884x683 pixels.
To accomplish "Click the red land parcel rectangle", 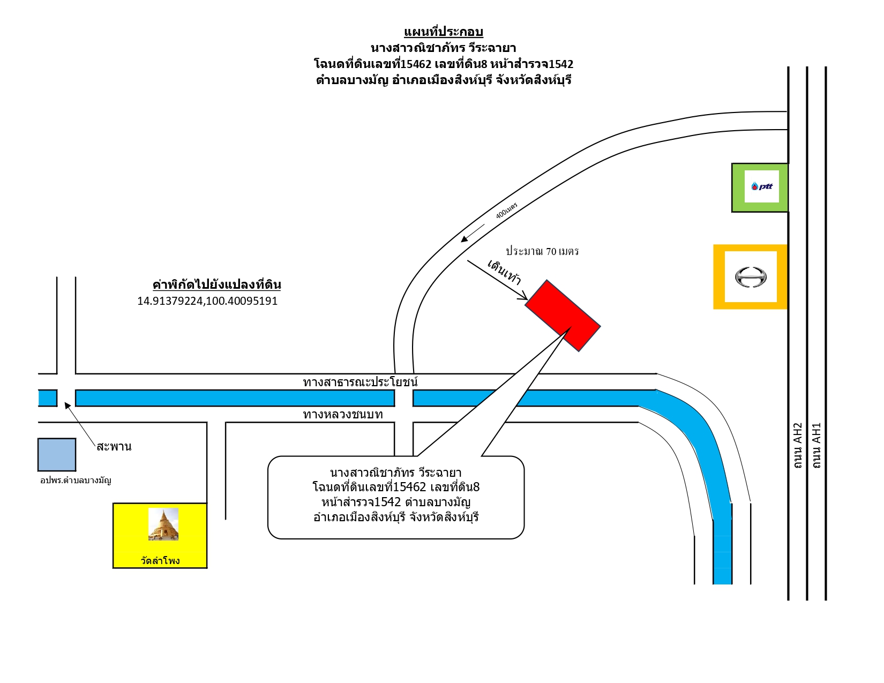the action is tap(563, 316).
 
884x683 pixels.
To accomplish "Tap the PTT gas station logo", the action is tap(761, 186).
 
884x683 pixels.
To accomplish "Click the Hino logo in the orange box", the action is tap(751, 277).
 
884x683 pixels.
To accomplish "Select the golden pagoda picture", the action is tap(163, 524).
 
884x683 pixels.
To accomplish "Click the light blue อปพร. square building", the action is tap(57, 454).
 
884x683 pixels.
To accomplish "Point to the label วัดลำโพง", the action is tap(160, 560).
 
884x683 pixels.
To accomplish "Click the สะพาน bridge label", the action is tap(114, 446).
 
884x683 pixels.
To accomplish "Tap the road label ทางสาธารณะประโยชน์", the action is tap(361, 382).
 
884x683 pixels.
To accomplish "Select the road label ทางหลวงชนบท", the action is tap(343, 415).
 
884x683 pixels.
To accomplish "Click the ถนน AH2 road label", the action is tap(798, 446).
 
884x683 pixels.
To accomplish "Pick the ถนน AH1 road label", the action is tap(816, 446).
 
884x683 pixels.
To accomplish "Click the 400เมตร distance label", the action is tap(506, 211).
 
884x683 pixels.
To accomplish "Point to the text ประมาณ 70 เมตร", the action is tap(542, 251).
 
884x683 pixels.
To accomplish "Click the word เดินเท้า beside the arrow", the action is tap(505, 272).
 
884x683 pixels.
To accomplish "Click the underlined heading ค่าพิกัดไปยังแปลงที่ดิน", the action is tap(217, 284).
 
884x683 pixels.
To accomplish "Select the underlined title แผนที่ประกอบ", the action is tap(444, 32).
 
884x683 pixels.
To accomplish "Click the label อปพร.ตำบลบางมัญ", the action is tap(76, 480).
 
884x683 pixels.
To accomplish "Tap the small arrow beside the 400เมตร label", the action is tap(473, 233).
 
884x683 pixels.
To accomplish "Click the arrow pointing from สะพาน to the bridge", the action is tap(80, 424).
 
